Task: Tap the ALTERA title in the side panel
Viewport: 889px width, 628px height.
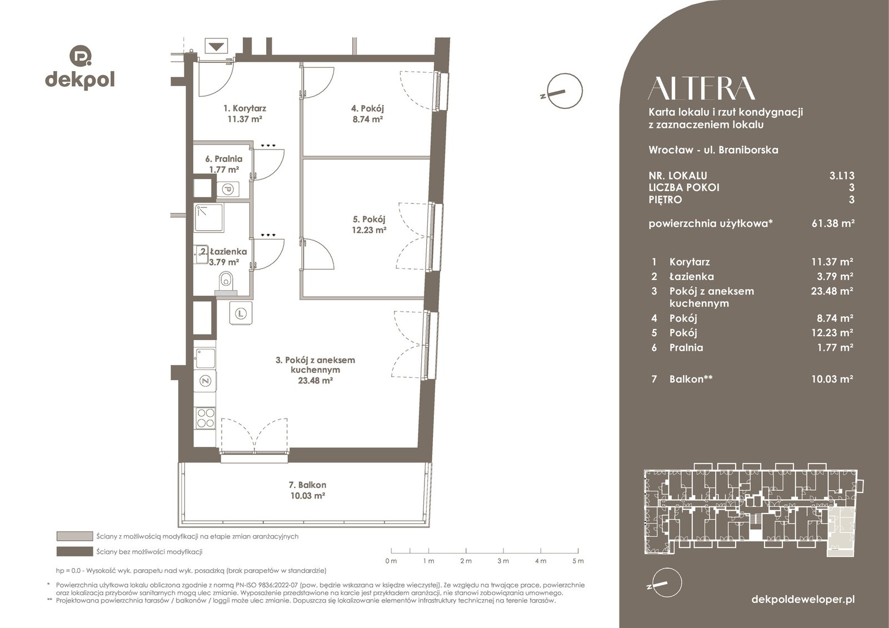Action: tap(701, 88)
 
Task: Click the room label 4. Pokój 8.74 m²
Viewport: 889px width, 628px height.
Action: tap(367, 113)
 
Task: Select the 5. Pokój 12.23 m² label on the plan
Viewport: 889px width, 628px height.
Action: tap(369, 225)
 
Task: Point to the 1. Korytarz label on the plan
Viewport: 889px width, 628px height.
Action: tap(244, 113)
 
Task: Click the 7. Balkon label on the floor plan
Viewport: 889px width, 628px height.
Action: tap(308, 490)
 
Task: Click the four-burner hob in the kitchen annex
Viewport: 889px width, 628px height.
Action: tap(205, 418)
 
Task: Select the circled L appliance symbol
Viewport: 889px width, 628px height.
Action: tap(241, 313)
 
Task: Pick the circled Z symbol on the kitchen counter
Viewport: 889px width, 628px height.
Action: tap(205, 381)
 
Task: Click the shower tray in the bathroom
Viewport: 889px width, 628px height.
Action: tap(209, 217)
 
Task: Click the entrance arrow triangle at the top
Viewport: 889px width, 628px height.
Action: tap(216, 46)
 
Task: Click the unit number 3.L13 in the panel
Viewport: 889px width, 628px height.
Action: tap(842, 176)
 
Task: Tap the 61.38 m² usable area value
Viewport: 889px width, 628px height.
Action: tap(833, 223)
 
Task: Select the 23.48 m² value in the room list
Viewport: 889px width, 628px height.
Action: tap(832, 291)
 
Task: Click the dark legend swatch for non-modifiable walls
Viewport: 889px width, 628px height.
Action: tap(74, 552)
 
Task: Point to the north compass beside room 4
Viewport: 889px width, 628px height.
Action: tap(565, 91)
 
